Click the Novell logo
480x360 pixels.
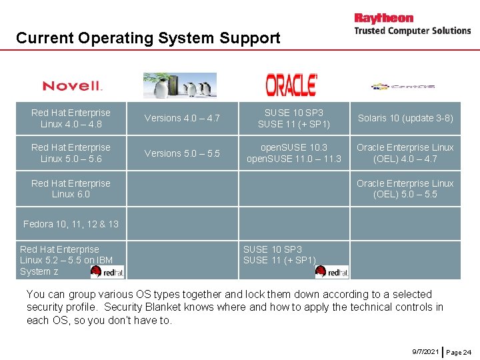(72, 86)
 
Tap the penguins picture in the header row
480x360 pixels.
(180, 85)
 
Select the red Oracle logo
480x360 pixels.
(291, 85)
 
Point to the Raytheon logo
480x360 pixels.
(383, 18)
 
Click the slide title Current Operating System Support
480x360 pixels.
(148, 38)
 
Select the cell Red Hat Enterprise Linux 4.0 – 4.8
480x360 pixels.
(71, 118)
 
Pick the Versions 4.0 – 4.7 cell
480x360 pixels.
(182, 118)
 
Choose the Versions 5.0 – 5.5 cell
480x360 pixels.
(182, 153)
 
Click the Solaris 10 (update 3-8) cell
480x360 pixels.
(405, 118)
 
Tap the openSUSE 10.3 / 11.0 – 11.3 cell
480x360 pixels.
(293, 153)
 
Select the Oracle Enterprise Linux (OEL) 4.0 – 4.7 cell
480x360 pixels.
(405, 153)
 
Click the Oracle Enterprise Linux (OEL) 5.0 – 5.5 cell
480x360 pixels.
(405, 189)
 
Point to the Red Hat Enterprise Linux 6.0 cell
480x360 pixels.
(71, 189)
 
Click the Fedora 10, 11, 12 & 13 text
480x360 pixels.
(71, 224)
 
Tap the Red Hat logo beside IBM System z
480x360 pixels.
(107, 271)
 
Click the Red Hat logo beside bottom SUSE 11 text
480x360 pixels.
(331, 271)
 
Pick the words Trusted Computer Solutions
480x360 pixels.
(412, 31)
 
